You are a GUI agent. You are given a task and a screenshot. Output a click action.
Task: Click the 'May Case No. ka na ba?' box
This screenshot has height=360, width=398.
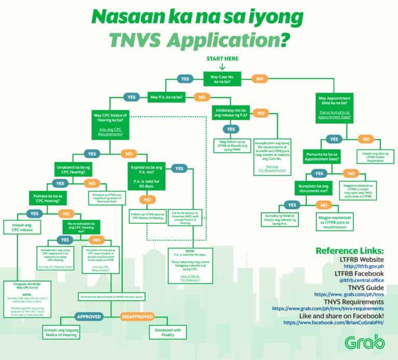pos(221,79)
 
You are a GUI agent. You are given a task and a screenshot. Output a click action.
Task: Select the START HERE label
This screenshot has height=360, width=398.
pos(222,59)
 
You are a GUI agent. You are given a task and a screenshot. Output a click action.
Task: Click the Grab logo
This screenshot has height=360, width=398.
pos(364,343)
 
